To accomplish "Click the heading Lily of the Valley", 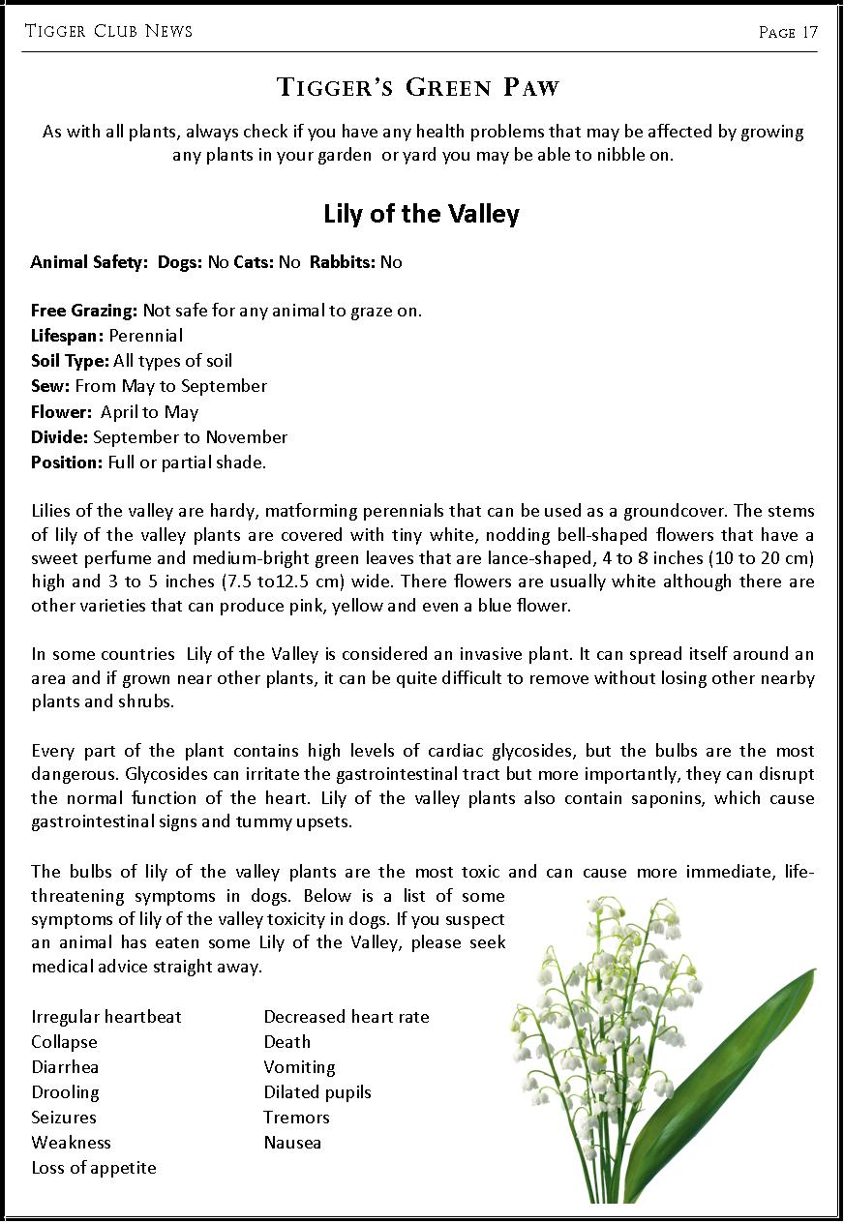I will pyautogui.click(x=421, y=214).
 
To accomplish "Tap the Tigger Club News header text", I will pyautogui.click(x=108, y=31).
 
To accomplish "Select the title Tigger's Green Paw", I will pyautogui.click(x=418, y=88).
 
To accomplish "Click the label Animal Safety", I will pyautogui.click(x=87, y=262).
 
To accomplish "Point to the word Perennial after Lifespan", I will pyautogui.click(x=145, y=336).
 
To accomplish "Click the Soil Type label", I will pyautogui.click(x=70, y=361).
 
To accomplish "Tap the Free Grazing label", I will pyautogui.click(x=84, y=311).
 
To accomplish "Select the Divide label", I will pyautogui.click(x=59, y=436).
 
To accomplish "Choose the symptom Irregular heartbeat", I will pyautogui.click(x=106, y=1017).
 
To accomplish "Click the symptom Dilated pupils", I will pyautogui.click(x=317, y=1092).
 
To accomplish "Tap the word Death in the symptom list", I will pyautogui.click(x=287, y=1042).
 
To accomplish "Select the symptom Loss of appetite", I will pyautogui.click(x=94, y=1168).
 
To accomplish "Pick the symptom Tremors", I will pyautogui.click(x=296, y=1118).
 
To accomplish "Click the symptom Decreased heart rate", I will pyautogui.click(x=347, y=1017).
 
